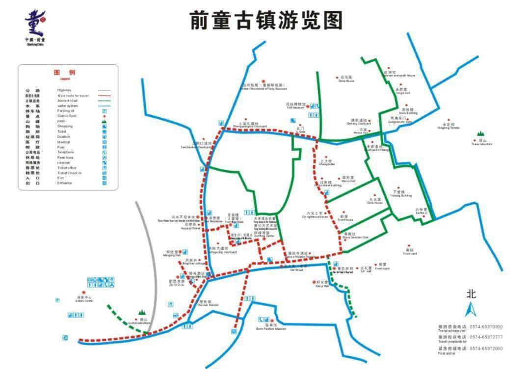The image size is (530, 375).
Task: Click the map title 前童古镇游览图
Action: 265,21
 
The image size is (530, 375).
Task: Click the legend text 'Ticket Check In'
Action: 69,173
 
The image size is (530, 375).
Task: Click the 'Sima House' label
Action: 346,81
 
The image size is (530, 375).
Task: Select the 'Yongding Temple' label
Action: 448,128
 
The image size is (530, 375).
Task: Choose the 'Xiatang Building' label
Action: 401,195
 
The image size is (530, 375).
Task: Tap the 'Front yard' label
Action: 410,253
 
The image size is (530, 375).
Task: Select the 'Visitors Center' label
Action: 84,301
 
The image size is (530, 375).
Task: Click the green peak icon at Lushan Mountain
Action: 142,312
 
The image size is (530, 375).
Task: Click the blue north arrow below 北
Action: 471,310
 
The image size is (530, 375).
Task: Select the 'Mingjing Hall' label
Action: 173,255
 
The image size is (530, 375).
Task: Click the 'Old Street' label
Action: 297,270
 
